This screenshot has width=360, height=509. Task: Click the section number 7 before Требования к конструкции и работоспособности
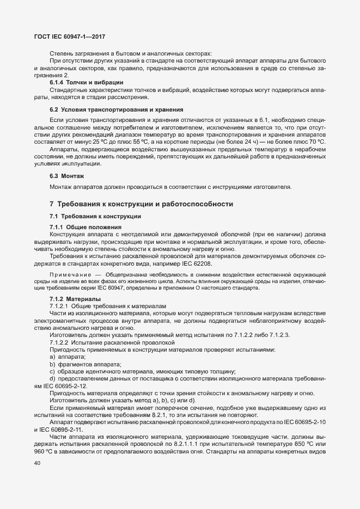click(x=51, y=204)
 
